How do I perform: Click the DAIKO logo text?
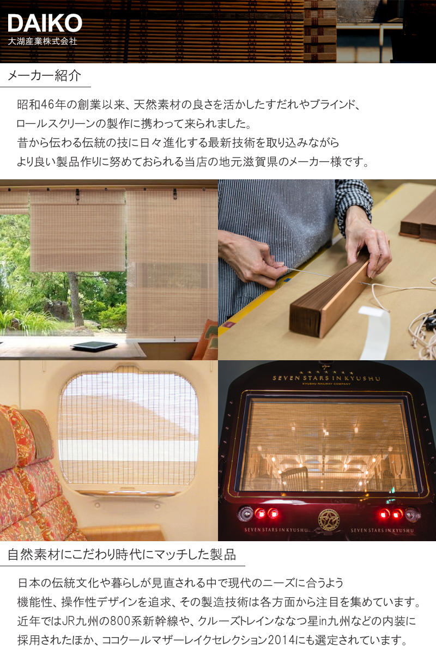click(45, 23)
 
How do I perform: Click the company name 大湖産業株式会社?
click(43, 41)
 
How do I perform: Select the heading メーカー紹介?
click(44, 76)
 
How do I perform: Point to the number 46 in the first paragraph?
click(47, 105)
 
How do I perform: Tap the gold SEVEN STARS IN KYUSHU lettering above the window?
click(326, 378)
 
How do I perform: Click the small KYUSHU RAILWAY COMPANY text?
click(326, 384)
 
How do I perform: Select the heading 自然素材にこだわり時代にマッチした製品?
click(122, 554)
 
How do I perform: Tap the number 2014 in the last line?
click(281, 640)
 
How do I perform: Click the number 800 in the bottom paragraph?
click(120, 621)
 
